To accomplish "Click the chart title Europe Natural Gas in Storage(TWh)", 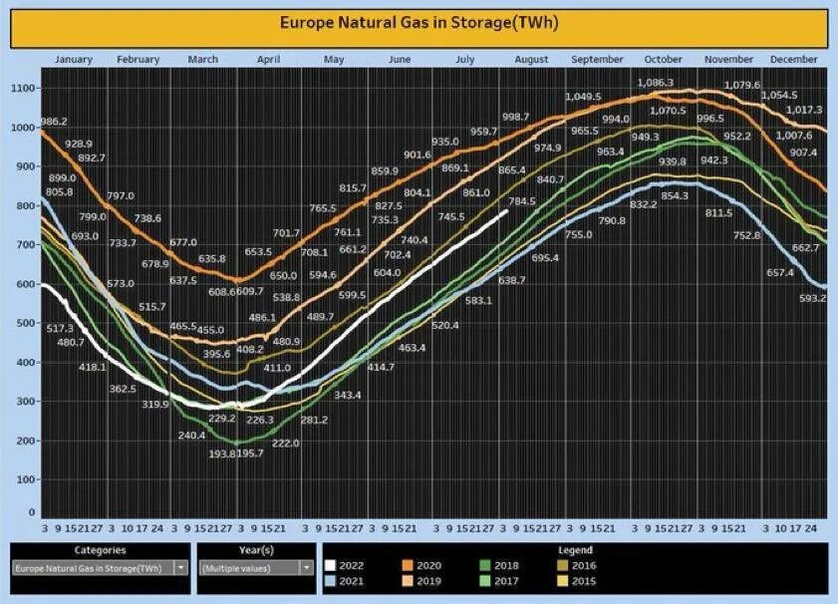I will point(419,21).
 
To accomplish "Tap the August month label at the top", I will point(531,60).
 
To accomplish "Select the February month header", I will point(138,60).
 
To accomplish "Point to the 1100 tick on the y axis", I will point(22,89).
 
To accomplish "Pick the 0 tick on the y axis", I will point(32,512).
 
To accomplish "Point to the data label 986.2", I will point(53,122).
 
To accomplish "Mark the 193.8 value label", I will point(225,453).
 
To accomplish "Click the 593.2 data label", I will point(813,298).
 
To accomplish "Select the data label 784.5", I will point(521,201).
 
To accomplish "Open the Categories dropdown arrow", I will point(180,567).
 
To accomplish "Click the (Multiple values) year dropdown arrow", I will point(306,567).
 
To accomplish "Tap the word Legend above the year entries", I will point(575,550).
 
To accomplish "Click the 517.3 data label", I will point(60,328).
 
